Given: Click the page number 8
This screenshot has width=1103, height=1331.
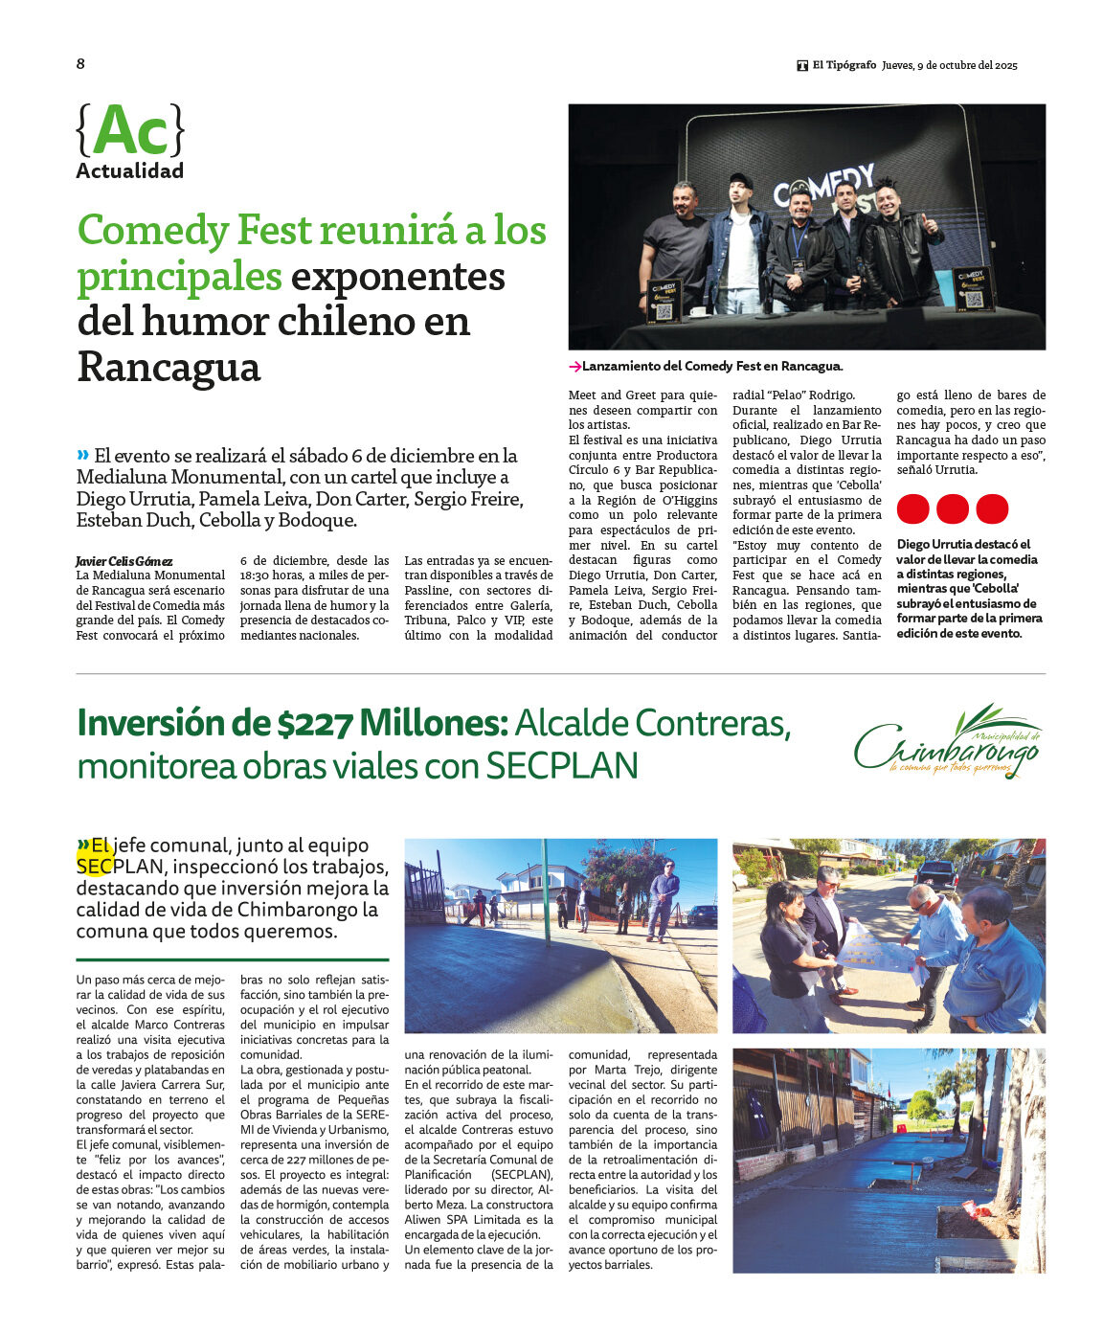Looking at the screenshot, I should pos(80,64).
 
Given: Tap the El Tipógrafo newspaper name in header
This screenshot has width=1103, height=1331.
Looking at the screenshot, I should pos(844,65).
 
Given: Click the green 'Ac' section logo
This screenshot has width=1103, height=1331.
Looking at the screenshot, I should pos(129,131).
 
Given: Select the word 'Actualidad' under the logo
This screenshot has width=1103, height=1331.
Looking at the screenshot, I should pos(129,171).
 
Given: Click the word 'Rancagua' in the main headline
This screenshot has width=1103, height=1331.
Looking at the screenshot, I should pos(169,367).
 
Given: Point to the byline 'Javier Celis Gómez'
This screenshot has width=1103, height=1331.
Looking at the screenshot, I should pos(124,561).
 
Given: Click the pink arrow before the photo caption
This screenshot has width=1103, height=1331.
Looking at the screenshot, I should pos(574,367).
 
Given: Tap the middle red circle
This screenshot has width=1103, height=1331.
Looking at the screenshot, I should pos(952,508).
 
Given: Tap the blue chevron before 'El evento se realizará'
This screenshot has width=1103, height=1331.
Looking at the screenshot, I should pos(83,455).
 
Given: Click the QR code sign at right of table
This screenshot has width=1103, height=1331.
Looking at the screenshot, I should pos(974,289).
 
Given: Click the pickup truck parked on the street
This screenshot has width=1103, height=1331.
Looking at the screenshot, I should pos(934,872).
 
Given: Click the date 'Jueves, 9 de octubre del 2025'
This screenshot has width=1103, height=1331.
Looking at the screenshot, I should pos(949,65).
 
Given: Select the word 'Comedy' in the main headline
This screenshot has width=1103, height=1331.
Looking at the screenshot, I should pos(153,231).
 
